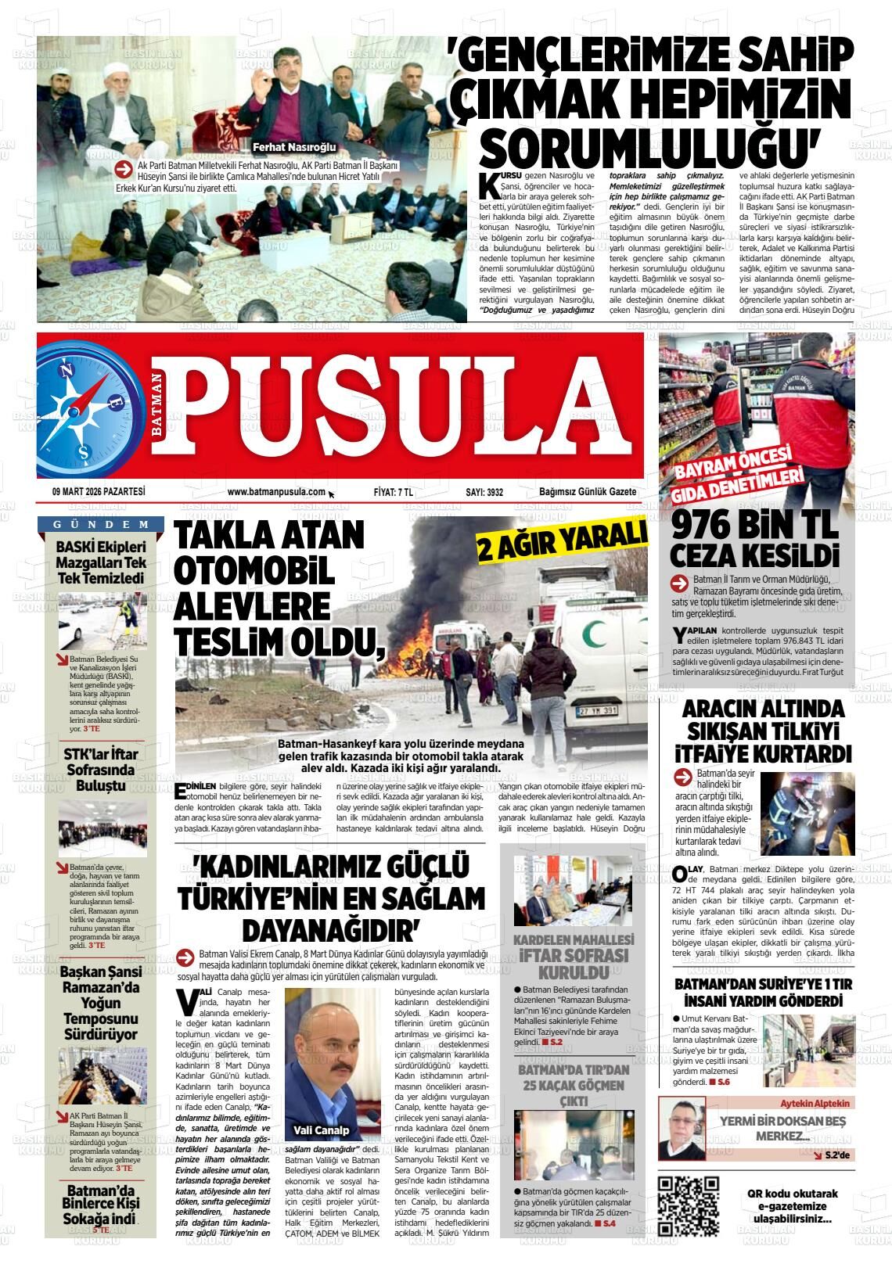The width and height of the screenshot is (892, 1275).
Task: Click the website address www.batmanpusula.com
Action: point(276,492)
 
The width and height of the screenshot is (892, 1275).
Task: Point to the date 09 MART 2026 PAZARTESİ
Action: point(99,492)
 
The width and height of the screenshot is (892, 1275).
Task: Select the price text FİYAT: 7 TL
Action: point(394,493)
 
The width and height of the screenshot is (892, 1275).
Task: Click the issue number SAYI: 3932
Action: point(484,493)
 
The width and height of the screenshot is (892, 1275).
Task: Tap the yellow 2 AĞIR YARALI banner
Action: point(563,541)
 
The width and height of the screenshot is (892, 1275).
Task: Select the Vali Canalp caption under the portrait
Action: point(321,1130)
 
